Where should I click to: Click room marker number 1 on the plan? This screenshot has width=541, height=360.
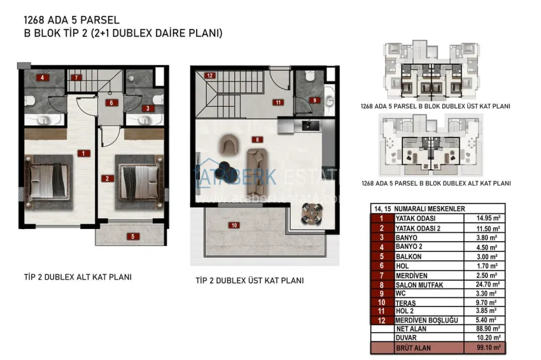83,153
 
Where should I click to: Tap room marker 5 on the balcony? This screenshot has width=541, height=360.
132,237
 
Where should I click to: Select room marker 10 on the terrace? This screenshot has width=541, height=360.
234,225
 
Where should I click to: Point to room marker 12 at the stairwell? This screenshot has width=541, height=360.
209,76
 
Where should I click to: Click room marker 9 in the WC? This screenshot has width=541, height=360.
313,100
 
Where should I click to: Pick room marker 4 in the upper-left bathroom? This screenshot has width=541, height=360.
43,78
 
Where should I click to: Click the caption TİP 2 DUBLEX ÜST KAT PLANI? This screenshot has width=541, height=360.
249,280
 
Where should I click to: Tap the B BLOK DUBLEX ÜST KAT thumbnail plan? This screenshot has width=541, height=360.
435,70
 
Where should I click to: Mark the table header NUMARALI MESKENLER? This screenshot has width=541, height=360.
430,208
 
